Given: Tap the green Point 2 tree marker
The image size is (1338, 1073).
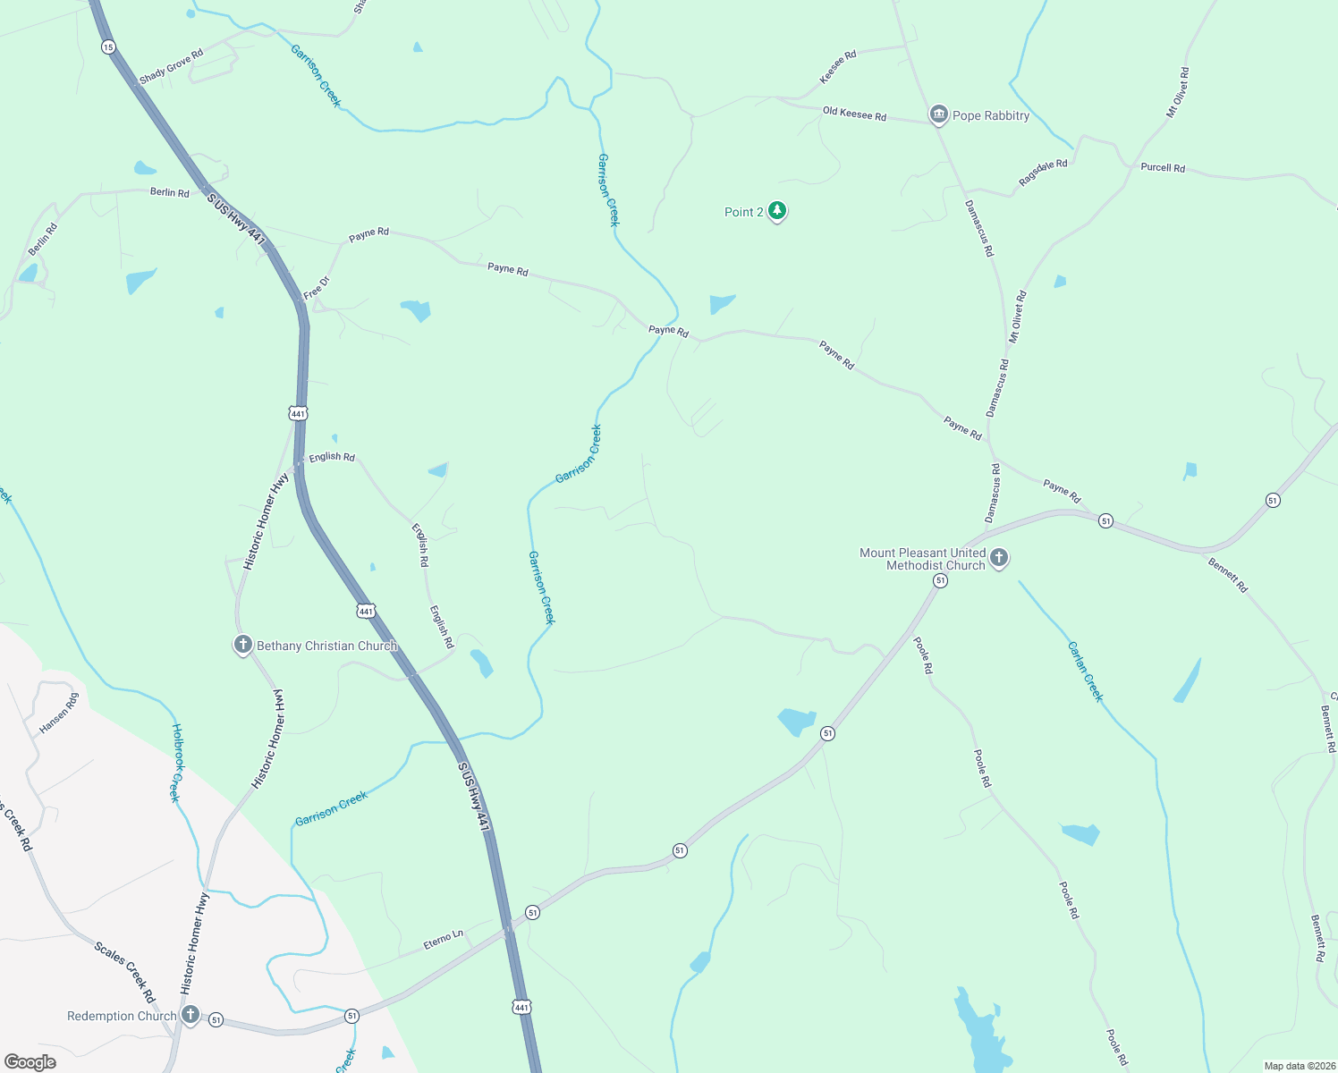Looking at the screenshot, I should tap(777, 211).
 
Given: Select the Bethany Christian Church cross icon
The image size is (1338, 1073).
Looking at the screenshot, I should tap(242, 645).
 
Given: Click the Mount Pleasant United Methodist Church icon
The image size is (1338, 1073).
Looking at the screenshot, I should tap(999, 558).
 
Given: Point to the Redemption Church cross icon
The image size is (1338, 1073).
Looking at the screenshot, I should tap(190, 1015).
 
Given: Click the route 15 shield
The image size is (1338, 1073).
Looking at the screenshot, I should tap(108, 46).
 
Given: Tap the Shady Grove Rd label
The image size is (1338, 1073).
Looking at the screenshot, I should tap(172, 66).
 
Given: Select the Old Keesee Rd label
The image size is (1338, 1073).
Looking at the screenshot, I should tap(854, 114).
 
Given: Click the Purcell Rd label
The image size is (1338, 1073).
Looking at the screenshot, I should tap(1163, 167).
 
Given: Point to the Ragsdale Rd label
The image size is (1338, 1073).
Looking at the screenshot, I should tap(1043, 172).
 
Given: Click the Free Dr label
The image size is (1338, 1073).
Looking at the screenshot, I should tap(317, 288).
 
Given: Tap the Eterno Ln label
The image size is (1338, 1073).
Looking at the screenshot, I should tap(444, 939).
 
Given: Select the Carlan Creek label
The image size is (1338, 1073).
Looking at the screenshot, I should tap(1086, 672).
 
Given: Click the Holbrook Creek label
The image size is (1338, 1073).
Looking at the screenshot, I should tap(176, 763).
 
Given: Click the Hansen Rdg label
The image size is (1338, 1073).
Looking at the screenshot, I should tap(59, 713).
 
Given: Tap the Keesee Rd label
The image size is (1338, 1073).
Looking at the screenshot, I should tap(838, 67).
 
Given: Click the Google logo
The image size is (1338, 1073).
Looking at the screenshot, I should tap(30, 1061).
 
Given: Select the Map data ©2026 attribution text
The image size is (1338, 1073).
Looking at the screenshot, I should tap(1298, 1066).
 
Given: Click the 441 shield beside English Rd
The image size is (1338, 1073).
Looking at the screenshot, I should tap(298, 413).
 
